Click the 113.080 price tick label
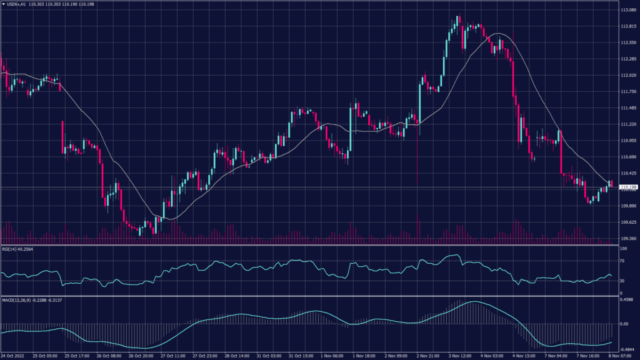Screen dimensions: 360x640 pyautogui.click(x=629, y=10)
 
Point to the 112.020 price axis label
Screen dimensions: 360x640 pyautogui.click(x=629, y=76)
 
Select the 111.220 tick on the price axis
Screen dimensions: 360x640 pyautogui.click(x=629, y=124)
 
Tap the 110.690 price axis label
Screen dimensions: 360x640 pyautogui.click(x=629, y=157)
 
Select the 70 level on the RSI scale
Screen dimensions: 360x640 pyautogui.click(x=623, y=265)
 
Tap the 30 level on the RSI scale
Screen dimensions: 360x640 pyautogui.click(x=623, y=281)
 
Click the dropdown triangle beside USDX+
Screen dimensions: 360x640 pyautogui.click(x=3, y=4)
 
